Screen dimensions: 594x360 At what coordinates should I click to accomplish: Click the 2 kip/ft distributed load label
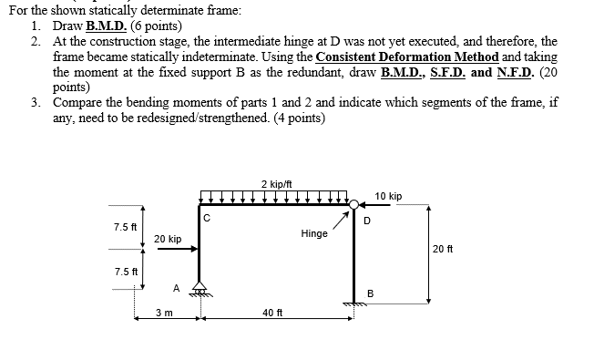[275, 183]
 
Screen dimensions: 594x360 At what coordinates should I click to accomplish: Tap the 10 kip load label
[388, 196]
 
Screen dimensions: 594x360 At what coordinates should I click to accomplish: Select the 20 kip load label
[168, 238]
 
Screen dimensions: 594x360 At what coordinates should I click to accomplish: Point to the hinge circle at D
[353, 205]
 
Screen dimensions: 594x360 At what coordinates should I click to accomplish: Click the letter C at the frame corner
[207, 218]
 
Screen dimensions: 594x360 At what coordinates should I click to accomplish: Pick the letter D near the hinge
[367, 220]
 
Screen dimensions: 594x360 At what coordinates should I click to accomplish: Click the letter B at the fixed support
[370, 293]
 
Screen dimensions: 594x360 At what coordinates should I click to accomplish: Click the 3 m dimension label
[165, 313]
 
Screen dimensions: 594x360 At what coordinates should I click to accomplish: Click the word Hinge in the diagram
[313, 233]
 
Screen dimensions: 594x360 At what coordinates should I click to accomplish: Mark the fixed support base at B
[353, 303]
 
